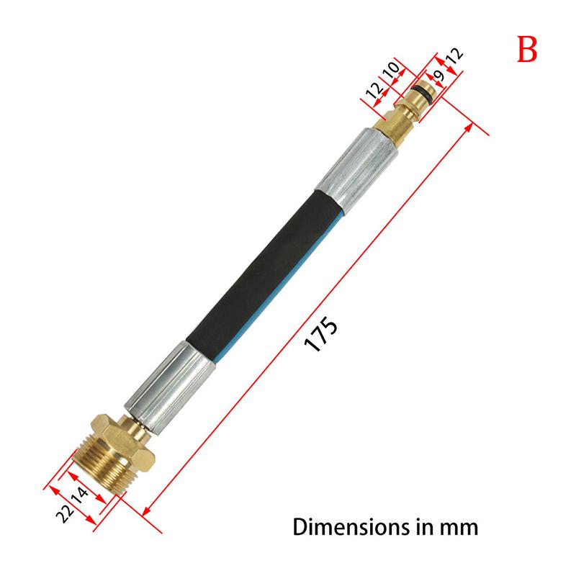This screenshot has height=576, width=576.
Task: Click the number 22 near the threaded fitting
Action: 66,512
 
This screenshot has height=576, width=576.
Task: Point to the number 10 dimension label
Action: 391,72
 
